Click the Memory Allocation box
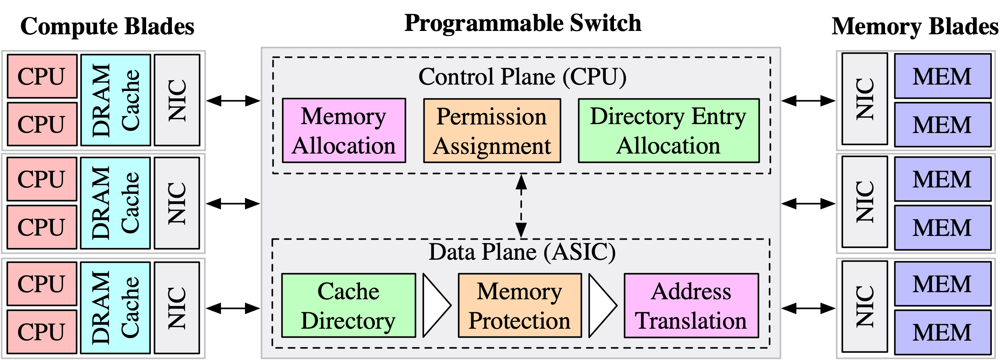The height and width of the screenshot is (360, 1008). point(344,131)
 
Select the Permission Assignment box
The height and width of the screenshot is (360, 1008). point(492,131)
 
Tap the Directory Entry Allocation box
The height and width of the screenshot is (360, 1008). point(668,131)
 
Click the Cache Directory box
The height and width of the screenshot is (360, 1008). point(348,306)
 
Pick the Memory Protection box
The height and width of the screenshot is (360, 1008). point(520,306)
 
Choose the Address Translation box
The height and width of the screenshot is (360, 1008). point(691,306)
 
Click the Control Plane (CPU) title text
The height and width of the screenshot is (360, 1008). point(522,77)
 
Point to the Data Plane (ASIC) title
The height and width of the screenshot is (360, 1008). point(522,252)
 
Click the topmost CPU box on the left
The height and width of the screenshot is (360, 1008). point(41,76)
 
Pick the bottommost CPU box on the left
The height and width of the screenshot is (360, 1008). point(41,332)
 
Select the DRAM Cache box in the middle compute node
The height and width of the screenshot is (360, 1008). point(116,203)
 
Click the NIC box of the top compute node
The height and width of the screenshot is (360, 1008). point(177,100)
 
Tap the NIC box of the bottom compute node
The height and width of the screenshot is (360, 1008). point(177,307)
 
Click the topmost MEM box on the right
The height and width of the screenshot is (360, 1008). point(942,76)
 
